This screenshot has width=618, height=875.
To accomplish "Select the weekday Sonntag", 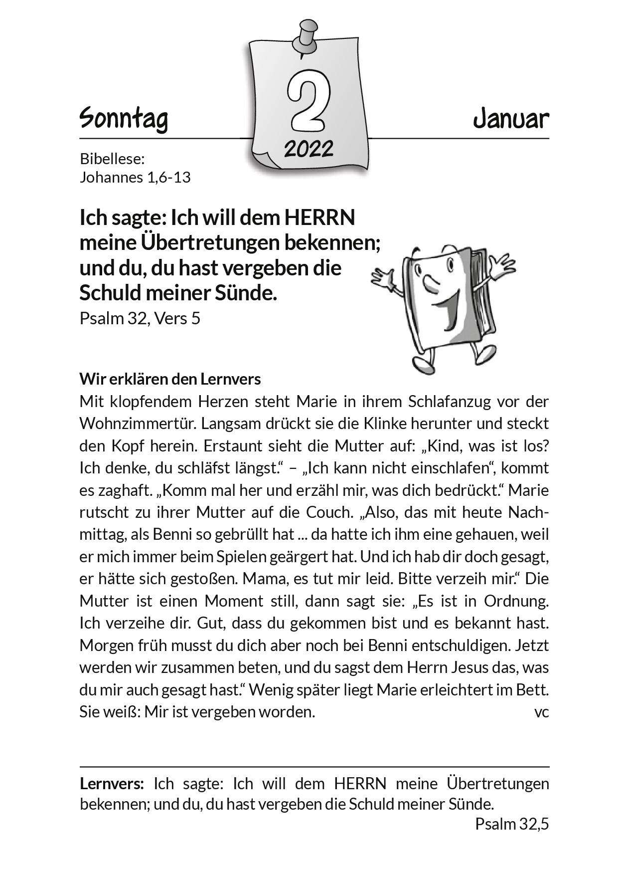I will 124,119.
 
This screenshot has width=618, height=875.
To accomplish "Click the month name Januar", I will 511,119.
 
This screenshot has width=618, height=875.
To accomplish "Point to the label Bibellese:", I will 112,160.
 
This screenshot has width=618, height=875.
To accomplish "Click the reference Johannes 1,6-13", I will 135,177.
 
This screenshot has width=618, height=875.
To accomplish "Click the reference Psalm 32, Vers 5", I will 140,318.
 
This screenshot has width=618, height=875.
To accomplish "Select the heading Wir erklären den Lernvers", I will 170,379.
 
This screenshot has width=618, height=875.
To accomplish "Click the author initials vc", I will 541,712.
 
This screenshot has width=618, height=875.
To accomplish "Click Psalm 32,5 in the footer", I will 512,824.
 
